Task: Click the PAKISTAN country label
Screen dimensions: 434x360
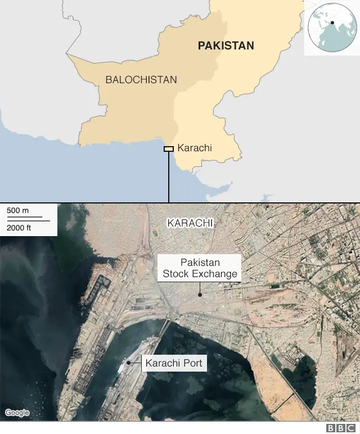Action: pyautogui.click(x=226, y=46)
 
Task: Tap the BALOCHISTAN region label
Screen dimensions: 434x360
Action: pyautogui.click(x=141, y=79)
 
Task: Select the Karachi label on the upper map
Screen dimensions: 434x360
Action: pyautogui.click(x=194, y=148)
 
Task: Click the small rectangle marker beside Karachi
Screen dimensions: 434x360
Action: pyautogui.click(x=168, y=148)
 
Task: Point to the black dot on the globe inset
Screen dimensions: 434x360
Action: pyautogui.click(x=332, y=23)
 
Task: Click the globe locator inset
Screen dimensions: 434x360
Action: pyautogui.click(x=331, y=28)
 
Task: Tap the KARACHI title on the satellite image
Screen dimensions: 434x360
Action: pyautogui.click(x=190, y=223)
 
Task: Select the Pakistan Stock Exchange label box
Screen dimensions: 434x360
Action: pyautogui.click(x=200, y=268)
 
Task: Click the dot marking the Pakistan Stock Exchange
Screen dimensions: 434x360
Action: pyautogui.click(x=200, y=294)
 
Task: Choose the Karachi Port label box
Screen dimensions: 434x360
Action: pyautogui.click(x=173, y=363)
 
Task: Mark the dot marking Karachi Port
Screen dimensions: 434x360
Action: pyautogui.click(x=129, y=363)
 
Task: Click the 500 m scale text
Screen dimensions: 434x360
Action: pyautogui.click(x=18, y=210)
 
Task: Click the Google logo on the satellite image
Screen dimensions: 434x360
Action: pyautogui.click(x=17, y=413)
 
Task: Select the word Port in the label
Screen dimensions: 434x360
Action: pyautogui.click(x=191, y=363)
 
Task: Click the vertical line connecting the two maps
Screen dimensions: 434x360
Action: pyautogui.click(x=169, y=177)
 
